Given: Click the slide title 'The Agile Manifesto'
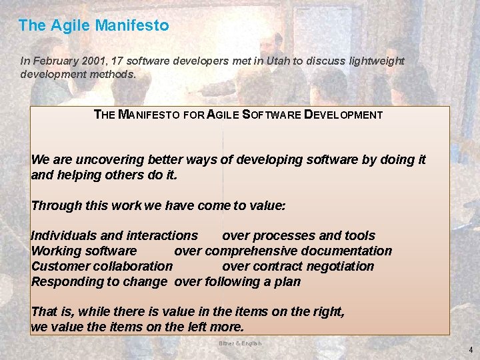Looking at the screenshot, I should point(93,26).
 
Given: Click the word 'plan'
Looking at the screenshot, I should point(287,281).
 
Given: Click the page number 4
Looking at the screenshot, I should point(470,350).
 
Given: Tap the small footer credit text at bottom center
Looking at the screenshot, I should point(241,343).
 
